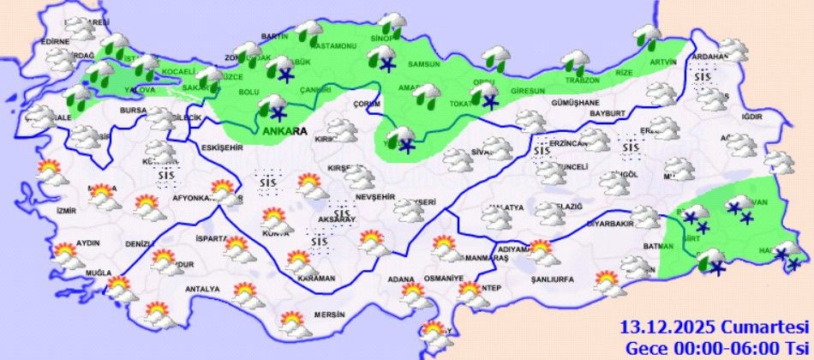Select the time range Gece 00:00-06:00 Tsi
point(718,347)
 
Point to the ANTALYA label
point(203,289)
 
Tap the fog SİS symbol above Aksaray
point(342,209)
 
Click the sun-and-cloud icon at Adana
point(416,296)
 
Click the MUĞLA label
point(99,273)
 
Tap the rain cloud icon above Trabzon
point(573,62)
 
